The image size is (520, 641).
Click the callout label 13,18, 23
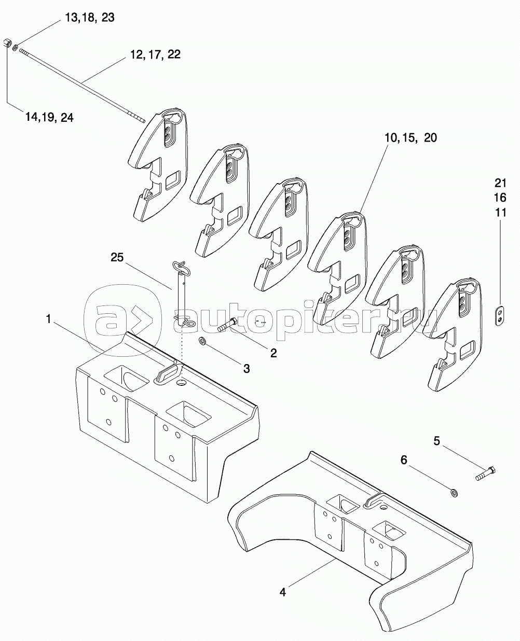click(90, 18)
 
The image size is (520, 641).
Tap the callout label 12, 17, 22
click(155, 54)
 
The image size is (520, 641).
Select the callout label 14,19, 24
click(49, 117)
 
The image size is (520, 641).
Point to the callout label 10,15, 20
click(410, 138)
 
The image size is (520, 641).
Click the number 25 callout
click(117, 257)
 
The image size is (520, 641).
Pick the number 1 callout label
click(48, 319)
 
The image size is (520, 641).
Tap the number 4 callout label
click(282, 584)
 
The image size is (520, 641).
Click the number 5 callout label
click(436, 441)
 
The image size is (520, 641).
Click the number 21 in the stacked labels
click(500, 183)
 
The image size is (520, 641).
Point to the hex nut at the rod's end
click(7, 43)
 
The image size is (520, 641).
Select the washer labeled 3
click(201, 341)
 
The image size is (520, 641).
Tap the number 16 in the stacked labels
click(500, 198)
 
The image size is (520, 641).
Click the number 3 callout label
click(247, 368)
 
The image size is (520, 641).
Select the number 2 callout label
click(273, 353)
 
